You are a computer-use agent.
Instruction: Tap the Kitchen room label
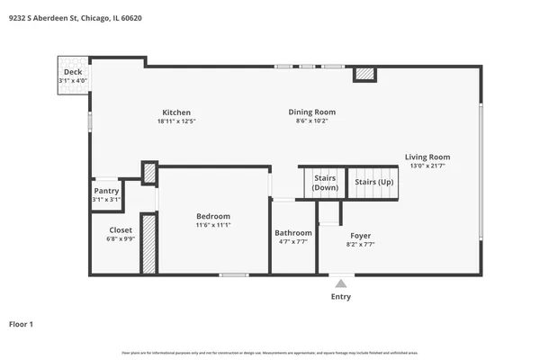click(176, 112)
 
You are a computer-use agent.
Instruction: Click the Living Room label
click(427, 157)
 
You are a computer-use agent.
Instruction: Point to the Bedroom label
click(213, 216)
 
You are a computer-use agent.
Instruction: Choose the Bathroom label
click(292, 233)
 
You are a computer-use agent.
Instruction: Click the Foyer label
click(360, 235)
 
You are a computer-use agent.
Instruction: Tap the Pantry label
click(106, 191)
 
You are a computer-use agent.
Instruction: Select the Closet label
click(120, 230)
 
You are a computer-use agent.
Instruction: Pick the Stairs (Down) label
click(325, 183)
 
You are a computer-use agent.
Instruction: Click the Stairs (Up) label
click(373, 182)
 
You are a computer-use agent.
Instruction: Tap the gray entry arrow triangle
click(341, 283)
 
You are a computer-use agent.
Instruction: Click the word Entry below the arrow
click(341, 297)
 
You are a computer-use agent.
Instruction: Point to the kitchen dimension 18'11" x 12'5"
click(176, 121)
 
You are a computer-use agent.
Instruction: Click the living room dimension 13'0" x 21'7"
click(427, 166)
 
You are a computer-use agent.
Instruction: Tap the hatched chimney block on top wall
click(364, 76)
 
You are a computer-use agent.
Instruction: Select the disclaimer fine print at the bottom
click(269, 352)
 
